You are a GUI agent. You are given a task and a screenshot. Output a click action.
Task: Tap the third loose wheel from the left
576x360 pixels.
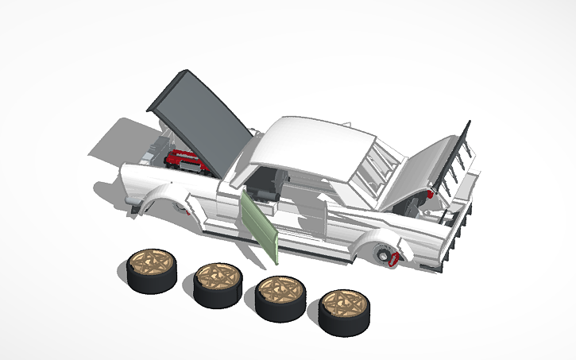pyautogui.click(x=280, y=298)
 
